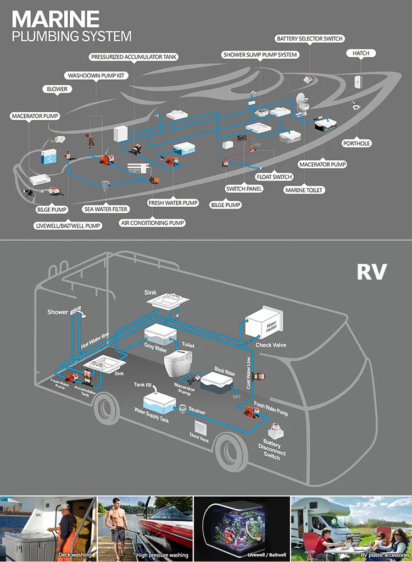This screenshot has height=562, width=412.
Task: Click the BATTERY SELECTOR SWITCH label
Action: [310, 39]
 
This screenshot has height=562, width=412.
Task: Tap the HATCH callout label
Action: [361, 53]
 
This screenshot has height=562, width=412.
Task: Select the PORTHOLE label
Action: [357, 144]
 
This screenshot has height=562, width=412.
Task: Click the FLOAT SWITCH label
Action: [274, 177]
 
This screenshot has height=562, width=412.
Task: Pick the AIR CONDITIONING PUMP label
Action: [153, 223]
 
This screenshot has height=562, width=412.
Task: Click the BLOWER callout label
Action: [57, 89]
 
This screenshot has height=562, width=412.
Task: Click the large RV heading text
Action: [372, 272]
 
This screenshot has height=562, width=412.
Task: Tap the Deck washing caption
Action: [71, 555]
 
